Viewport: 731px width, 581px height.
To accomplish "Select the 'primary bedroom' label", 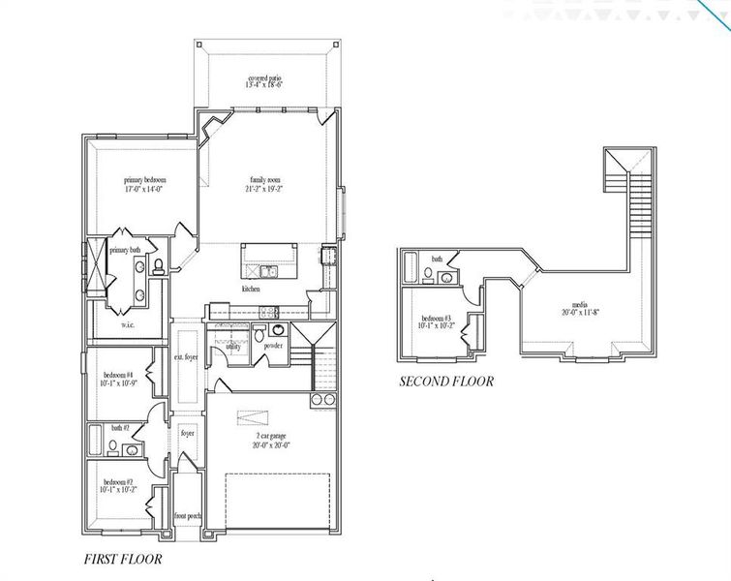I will (144, 180).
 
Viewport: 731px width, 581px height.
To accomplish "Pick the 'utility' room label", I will (233, 346).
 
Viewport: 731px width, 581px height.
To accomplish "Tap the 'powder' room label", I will (273, 346).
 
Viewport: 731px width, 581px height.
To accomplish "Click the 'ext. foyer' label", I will (186, 357).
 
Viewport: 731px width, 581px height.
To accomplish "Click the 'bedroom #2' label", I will (118, 481).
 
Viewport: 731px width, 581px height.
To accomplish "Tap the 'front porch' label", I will (188, 516).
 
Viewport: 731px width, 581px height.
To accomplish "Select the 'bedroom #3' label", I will (439, 319).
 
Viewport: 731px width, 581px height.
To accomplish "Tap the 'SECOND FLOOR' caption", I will (446, 382).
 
